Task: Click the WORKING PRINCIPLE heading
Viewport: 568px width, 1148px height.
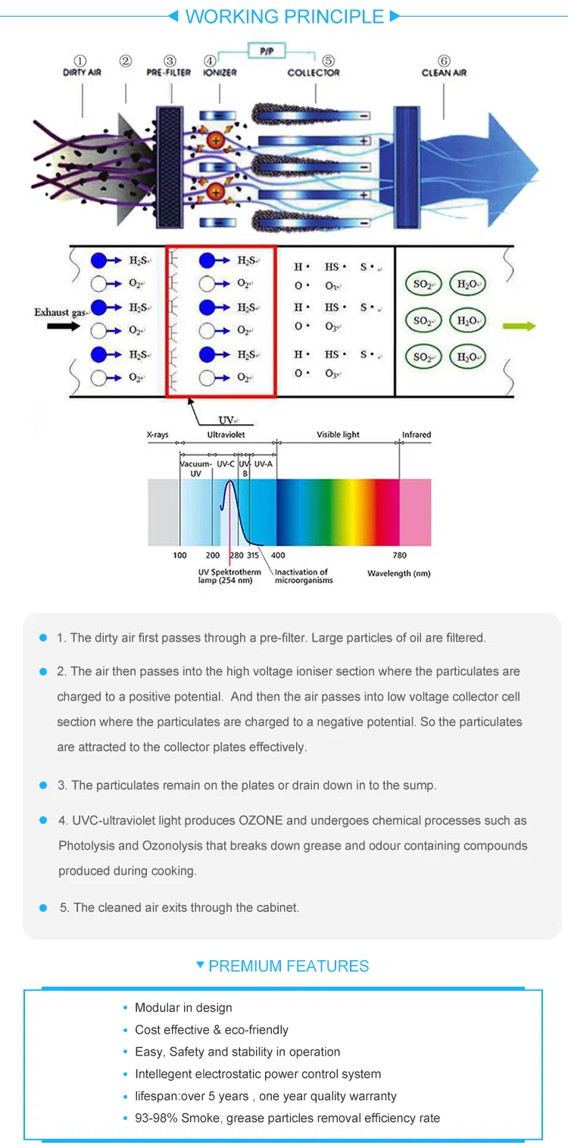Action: pyautogui.click(x=284, y=17)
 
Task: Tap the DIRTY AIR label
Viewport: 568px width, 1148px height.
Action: pyautogui.click(x=83, y=73)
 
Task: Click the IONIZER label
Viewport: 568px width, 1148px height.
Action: pyautogui.click(x=220, y=73)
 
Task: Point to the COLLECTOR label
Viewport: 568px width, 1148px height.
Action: pyautogui.click(x=314, y=73)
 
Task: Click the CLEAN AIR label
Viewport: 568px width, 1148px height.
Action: pyautogui.click(x=444, y=73)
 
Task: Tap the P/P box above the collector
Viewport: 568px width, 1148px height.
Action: pyautogui.click(x=267, y=51)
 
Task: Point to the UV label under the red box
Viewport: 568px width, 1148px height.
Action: pyautogui.click(x=226, y=420)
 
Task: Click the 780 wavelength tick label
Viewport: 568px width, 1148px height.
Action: pyautogui.click(x=399, y=555)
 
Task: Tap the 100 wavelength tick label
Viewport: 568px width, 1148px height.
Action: pyautogui.click(x=179, y=555)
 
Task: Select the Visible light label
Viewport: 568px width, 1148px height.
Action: pyautogui.click(x=338, y=435)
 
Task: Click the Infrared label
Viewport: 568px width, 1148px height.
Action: pyautogui.click(x=417, y=435)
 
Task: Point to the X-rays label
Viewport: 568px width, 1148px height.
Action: pyautogui.click(x=158, y=435)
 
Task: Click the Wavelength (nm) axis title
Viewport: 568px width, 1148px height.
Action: pyautogui.click(x=398, y=573)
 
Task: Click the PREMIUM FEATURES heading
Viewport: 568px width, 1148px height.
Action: pyautogui.click(x=289, y=966)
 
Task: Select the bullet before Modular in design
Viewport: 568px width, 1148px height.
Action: pyautogui.click(x=126, y=1008)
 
